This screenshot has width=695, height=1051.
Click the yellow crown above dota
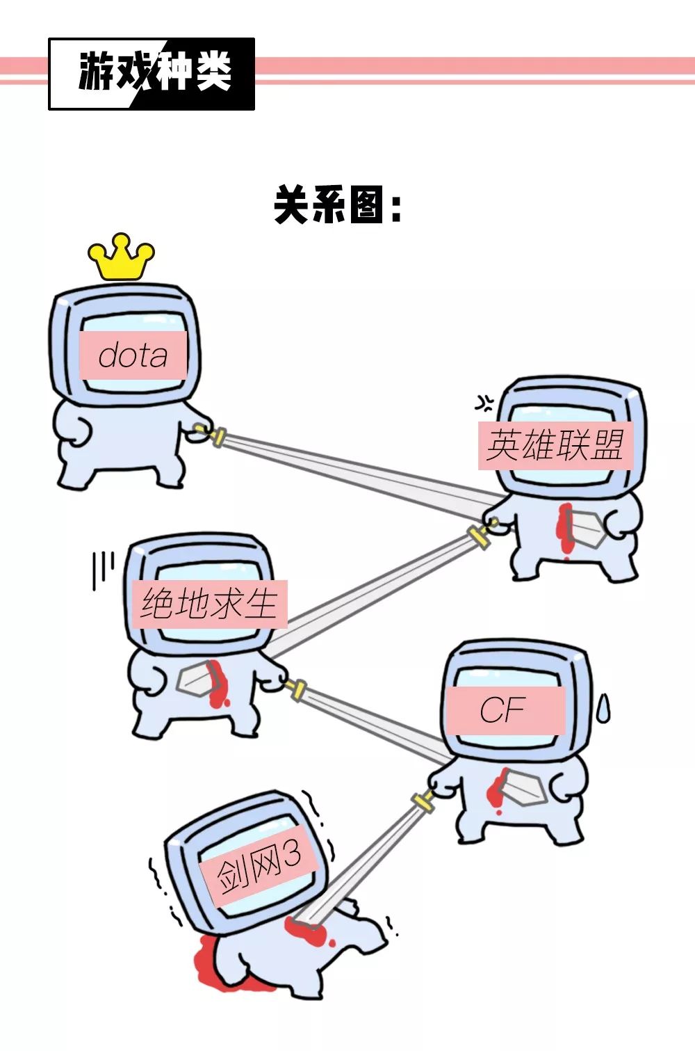(x=121, y=257)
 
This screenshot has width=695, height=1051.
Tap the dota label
(x=133, y=355)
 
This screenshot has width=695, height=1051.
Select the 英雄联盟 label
(x=555, y=445)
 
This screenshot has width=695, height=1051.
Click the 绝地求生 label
(x=209, y=603)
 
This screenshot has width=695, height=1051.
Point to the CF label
(x=503, y=710)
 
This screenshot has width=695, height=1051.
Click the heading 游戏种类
(x=153, y=72)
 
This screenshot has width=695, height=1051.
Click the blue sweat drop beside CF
(x=604, y=709)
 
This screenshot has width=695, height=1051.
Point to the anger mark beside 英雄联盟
(x=484, y=402)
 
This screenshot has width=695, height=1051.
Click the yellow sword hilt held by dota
(x=217, y=437)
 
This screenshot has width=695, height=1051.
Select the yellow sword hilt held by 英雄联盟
(x=479, y=536)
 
